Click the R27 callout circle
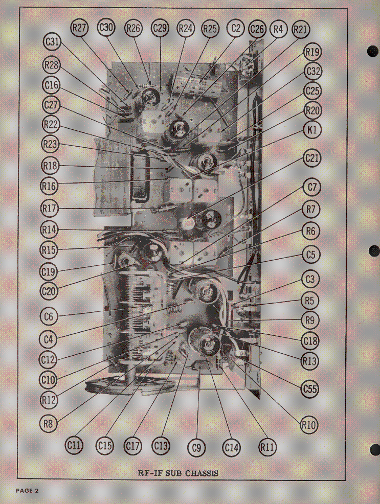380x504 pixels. [79, 28]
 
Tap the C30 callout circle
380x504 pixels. [106, 28]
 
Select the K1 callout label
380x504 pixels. [312, 130]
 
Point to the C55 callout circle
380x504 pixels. [310, 390]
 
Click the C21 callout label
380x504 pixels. [312, 158]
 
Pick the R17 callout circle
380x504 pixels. [49, 209]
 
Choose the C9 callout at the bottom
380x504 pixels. [196, 447]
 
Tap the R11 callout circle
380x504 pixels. [267, 447]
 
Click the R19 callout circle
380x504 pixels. [312, 52]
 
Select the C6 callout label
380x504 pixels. [49, 316]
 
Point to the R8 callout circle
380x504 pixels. [48, 424]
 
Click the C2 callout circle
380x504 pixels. [236, 28]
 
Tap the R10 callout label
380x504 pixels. [309, 425]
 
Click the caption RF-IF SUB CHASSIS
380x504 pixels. [178, 473]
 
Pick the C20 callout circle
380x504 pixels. [49, 291]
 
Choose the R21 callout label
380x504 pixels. [301, 30]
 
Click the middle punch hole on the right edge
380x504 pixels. [374, 251]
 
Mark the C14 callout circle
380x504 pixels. [232, 447]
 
